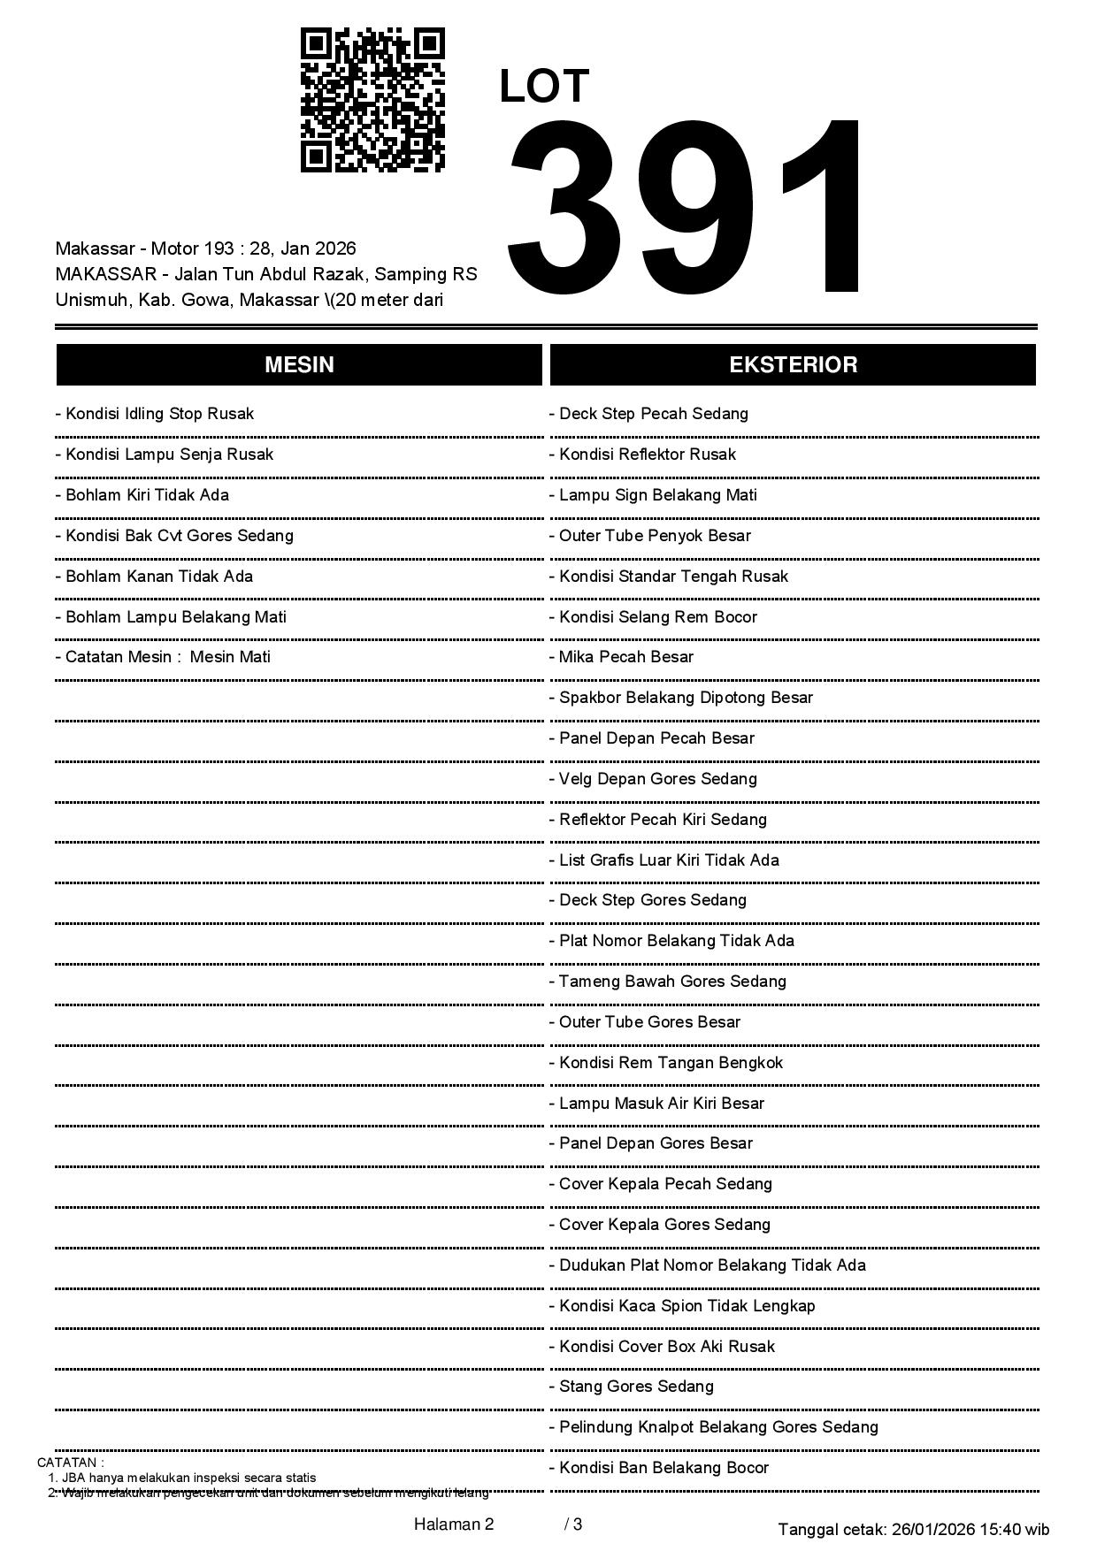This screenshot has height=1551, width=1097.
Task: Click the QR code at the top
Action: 372,100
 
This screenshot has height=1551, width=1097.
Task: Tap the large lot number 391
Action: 687,207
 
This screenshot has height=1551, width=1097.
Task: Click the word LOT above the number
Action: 544,87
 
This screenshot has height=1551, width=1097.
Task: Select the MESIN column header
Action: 299,365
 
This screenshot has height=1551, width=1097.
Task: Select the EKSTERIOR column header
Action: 793,365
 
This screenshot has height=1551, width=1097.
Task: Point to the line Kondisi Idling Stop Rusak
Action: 155,414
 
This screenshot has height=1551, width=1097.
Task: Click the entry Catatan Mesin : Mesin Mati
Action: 163,657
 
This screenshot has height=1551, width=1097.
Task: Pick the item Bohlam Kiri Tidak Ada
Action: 142,495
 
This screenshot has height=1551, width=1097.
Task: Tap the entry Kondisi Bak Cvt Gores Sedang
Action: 174,536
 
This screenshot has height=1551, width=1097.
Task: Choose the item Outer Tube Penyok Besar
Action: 650,536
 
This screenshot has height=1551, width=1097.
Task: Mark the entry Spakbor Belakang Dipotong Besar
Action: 681,698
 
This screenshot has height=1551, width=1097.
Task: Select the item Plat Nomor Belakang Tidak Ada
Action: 672,941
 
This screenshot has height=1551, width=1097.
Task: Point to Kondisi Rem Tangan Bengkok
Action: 666,1063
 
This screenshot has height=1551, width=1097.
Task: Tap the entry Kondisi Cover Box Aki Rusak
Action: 663,1347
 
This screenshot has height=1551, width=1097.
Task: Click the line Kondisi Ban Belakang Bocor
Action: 660,1468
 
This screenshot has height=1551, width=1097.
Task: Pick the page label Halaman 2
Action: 454,1524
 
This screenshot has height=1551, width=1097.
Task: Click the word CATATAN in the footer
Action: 68,1463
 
